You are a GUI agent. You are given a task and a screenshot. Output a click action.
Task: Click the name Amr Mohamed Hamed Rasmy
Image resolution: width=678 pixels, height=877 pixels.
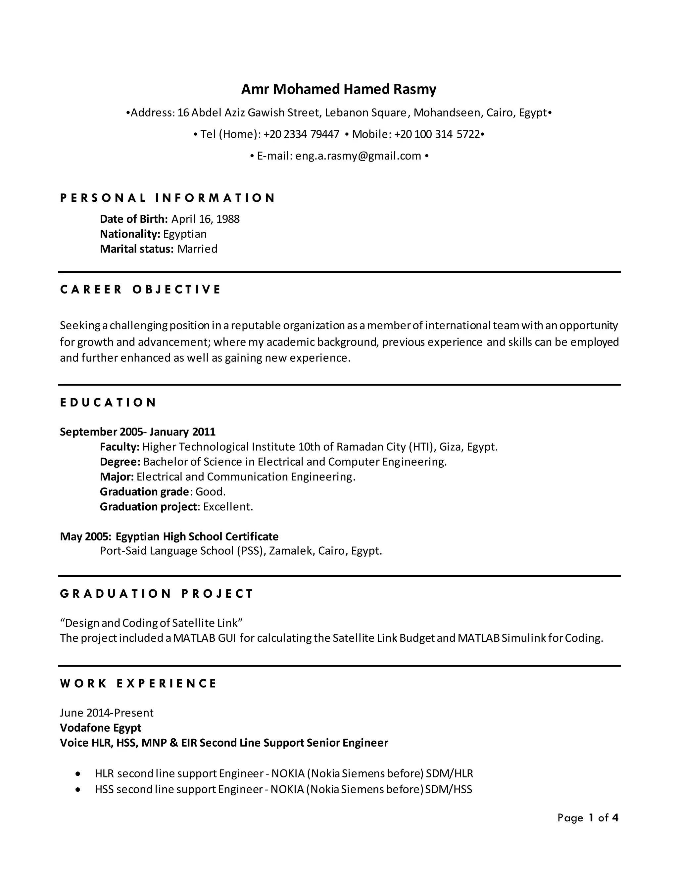coord(338,89)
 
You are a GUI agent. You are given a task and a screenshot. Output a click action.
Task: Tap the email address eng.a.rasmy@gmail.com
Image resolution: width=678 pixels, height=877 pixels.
coord(358,156)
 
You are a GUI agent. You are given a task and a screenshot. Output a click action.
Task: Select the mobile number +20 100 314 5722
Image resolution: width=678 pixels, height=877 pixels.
coord(437,134)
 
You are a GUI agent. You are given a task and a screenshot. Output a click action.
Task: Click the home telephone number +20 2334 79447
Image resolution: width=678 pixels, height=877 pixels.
coord(301,134)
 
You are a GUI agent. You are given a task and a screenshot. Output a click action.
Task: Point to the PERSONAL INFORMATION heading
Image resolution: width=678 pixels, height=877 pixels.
coord(168,198)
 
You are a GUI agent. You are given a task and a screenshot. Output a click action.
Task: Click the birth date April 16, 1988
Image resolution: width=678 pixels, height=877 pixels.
coord(205,219)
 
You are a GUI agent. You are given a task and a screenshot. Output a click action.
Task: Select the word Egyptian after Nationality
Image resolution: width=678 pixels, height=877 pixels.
coord(185,234)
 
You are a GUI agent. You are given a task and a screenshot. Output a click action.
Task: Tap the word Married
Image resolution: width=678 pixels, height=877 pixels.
coord(197,249)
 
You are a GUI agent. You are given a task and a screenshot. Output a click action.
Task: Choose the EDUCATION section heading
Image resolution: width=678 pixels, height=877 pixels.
coord(108,402)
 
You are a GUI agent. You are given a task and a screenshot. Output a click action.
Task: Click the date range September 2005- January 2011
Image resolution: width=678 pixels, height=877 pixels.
coord(138,432)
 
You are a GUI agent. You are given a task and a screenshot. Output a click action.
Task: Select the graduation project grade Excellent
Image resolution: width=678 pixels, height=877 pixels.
coord(228,507)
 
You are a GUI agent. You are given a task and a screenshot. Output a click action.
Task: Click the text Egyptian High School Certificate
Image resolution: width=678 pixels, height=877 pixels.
coord(197,536)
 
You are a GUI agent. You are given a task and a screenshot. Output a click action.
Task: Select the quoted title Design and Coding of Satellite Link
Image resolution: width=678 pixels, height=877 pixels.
coord(151,623)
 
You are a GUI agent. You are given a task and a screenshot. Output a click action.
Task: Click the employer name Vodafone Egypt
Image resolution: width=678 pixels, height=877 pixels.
coord(100,728)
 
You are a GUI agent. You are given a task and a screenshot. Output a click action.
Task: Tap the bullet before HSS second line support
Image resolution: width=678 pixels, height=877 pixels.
coord(78,789)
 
